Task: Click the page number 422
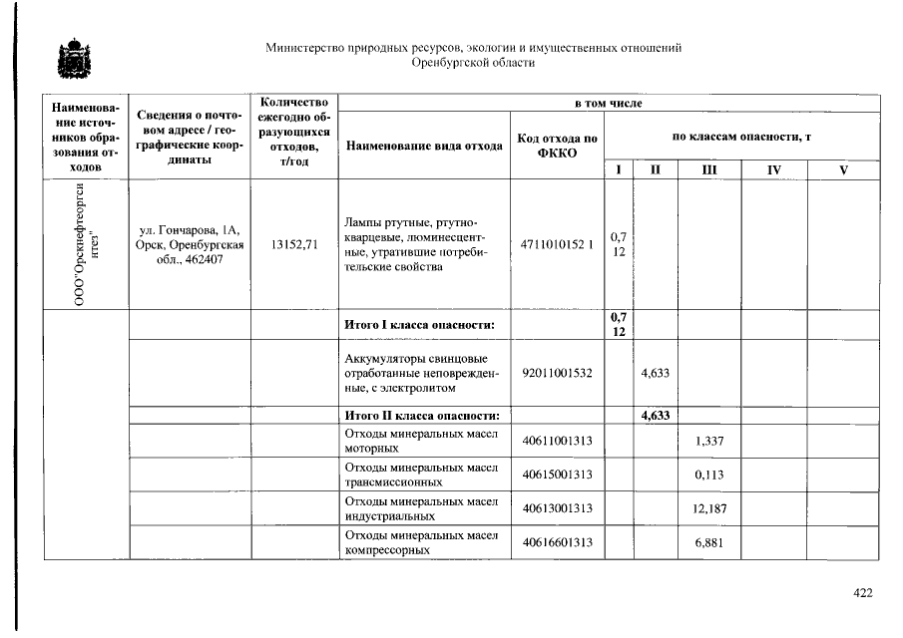point(863,593)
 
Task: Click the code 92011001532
point(557,372)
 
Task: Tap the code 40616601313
point(557,542)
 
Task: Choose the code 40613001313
point(557,508)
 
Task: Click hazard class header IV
point(772,170)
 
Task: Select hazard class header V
point(843,170)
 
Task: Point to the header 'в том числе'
point(608,104)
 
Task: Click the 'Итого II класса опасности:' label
point(421,416)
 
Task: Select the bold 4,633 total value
point(655,416)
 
